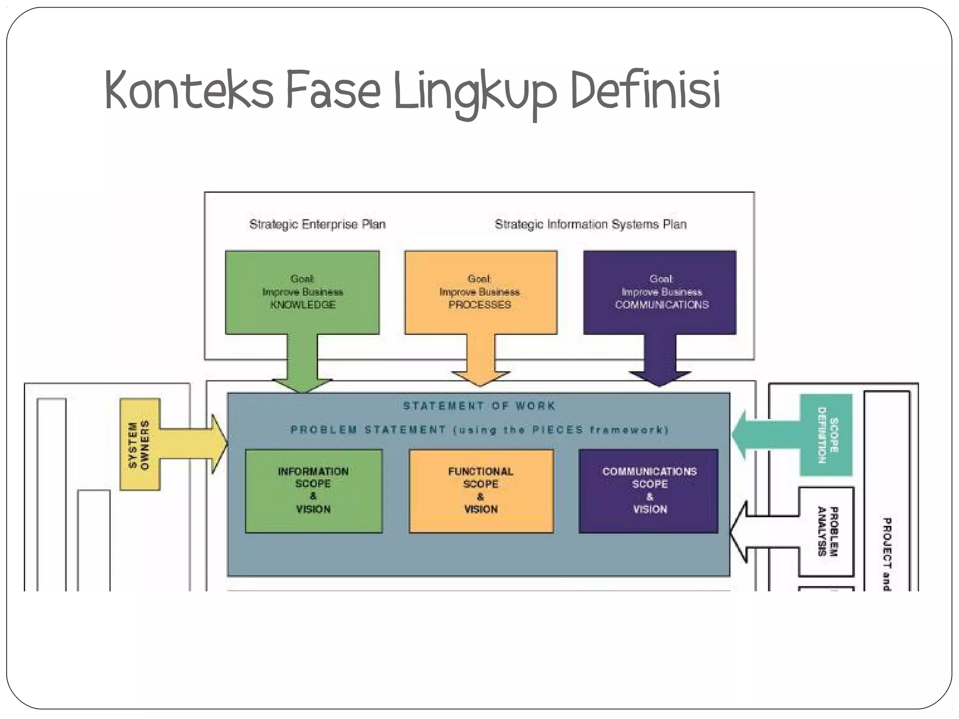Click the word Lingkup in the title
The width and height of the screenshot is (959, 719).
click(x=475, y=92)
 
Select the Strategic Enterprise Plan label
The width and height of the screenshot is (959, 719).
click(x=317, y=224)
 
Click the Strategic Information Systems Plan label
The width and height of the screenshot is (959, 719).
click(x=590, y=224)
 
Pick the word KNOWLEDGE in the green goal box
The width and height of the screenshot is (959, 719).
click(x=303, y=305)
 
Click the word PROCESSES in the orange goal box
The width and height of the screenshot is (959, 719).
click(x=479, y=305)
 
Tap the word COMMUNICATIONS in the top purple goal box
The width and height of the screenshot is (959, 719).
click(x=662, y=305)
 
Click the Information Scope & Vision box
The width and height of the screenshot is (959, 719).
click(x=314, y=491)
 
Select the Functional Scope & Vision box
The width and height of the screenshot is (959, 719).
click(x=481, y=491)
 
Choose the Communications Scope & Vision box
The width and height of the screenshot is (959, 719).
click(x=649, y=491)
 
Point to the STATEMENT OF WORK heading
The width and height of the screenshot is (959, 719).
click(x=479, y=405)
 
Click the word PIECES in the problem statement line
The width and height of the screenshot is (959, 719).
click(x=558, y=430)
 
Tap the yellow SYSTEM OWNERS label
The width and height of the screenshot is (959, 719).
click(x=139, y=444)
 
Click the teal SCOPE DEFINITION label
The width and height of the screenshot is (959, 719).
click(x=827, y=435)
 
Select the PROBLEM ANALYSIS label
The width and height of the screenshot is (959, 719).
click(x=827, y=531)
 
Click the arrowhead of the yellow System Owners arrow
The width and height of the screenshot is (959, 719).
click(x=219, y=444)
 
